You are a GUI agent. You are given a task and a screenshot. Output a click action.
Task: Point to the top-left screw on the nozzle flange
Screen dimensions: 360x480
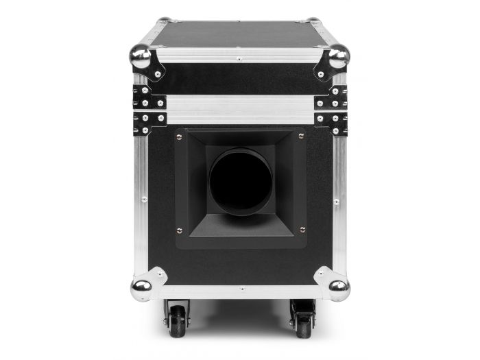[x=179, y=136]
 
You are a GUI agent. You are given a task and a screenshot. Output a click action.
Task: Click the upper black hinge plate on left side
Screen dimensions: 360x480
[x=150, y=100]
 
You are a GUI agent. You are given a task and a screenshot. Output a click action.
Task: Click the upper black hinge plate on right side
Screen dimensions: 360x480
[x=331, y=100]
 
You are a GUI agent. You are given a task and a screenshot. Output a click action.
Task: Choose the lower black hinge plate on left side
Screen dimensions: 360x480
[x=150, y=121]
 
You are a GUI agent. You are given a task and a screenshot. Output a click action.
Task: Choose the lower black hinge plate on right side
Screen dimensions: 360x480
[x=331, y=121]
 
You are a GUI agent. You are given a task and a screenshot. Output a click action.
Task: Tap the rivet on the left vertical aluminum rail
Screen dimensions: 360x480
[x=143, y=200]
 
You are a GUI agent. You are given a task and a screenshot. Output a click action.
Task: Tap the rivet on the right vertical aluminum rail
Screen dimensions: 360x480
[x=336, y=202]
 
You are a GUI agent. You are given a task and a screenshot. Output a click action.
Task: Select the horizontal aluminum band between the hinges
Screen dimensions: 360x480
[x=240, y=110]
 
